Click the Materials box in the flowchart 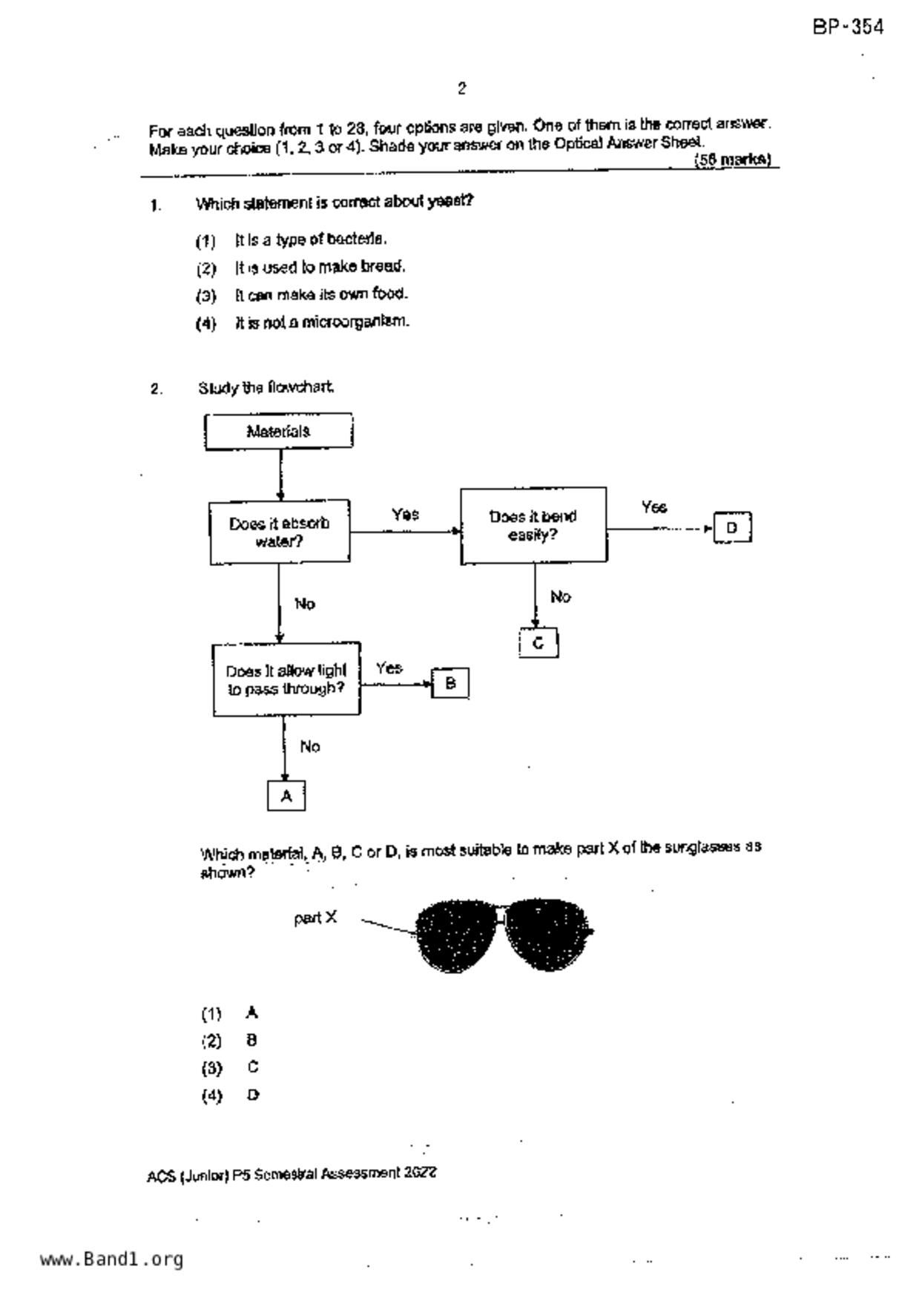click(x=278, y=431)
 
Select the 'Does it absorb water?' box click(x=280, y=532)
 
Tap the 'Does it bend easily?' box click(x=533, y=525)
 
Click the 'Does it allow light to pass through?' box click(x=286, y=679)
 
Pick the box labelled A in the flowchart click(x=286, y=796)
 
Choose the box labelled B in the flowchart click(x=450, y=683)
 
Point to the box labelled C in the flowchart click(x=538, y=643)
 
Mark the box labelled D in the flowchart click(x=732, y=527)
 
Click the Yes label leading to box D click(x=654, y=507)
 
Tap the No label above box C click(x=561, y=597)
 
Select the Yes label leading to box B click(x=389, y=668)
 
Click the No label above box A click(x=310, y=747)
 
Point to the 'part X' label click(x=315, y=918)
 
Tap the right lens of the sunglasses click(x=547, y=935)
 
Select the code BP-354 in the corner click(x=849, y=27)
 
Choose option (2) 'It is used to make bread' click(x=320, y=267)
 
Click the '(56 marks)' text click(x=733, y=159)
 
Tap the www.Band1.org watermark click(x=111, y=1259)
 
